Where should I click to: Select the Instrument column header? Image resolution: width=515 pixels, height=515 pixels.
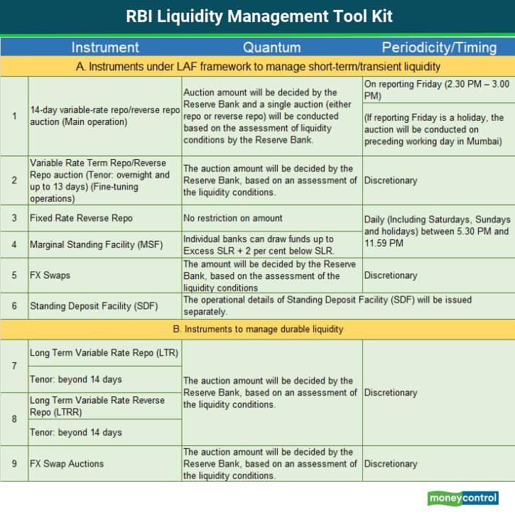tap(105, 48)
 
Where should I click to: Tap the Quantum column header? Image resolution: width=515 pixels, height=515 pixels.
tap(271, 48)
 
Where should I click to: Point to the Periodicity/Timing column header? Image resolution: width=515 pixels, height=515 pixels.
tap(439, 48)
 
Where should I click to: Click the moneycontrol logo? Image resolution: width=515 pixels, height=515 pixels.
tap(462, 498)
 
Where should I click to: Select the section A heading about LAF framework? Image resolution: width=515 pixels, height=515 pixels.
tap(258, 66)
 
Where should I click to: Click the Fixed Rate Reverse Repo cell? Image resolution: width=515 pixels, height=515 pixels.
tap(81, 218)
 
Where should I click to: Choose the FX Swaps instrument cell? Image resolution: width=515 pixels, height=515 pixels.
tap(50, 275)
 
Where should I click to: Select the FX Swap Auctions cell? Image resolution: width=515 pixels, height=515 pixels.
tap(67, 464)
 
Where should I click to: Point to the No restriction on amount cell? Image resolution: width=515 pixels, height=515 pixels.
tap(233, 218)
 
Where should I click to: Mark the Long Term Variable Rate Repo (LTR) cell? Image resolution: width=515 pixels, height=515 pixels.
tap(104, 352)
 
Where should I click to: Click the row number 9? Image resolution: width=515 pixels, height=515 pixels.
tap(14, 464)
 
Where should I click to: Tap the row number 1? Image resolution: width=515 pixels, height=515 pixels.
tap(14, 116)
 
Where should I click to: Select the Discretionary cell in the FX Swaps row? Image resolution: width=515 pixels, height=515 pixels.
tap(391, 275)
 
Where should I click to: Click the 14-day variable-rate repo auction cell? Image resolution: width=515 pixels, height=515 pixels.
tap(104, 116)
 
